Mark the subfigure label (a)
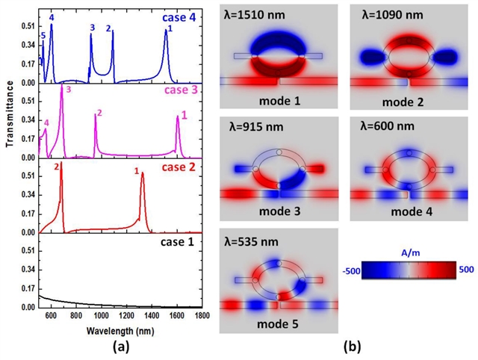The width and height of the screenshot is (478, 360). click(122, 347)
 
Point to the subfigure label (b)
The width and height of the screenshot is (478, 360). click(347, 347)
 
